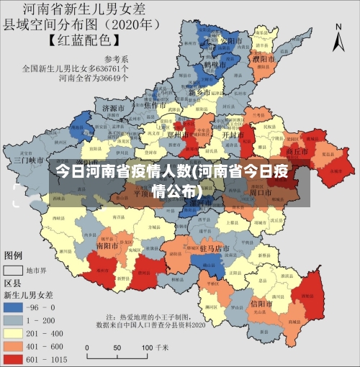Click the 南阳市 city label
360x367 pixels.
107,245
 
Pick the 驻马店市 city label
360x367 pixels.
214,248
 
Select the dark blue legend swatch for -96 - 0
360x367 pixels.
15,306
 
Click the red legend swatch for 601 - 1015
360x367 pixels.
15,358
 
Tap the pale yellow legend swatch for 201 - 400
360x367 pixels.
15,332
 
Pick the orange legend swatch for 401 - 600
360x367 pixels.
15,345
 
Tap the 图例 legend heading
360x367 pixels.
14,255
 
